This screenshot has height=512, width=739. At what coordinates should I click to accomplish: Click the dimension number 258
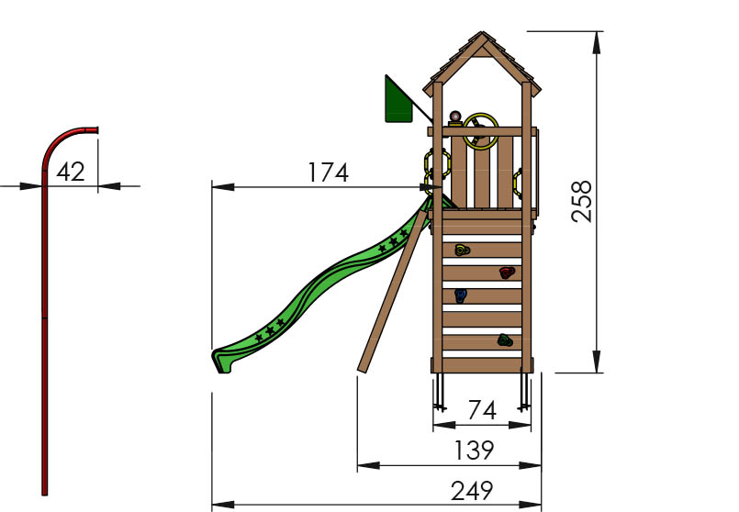click(x=583, y=201)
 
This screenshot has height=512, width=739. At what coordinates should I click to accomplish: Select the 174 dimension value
click(x=328, y=173)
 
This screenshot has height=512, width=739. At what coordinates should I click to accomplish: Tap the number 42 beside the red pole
click(x=71, y=172)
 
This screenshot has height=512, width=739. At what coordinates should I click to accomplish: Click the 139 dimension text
click(x=473, y=451)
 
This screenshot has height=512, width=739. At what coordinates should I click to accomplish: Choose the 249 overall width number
click(x=472, y=491)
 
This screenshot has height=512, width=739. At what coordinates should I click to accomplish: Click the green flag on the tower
click(x=397, y=102)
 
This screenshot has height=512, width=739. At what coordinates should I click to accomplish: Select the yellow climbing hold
click(x=461, y=250)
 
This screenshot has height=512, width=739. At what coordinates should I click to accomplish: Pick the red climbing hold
click(x=506, y=273)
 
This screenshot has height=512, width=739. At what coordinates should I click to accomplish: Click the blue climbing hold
click(x=461, y=295)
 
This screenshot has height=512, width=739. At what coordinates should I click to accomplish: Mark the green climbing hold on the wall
click(x=505, y=340)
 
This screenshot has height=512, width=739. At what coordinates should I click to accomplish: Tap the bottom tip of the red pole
click(x=44, y=491)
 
